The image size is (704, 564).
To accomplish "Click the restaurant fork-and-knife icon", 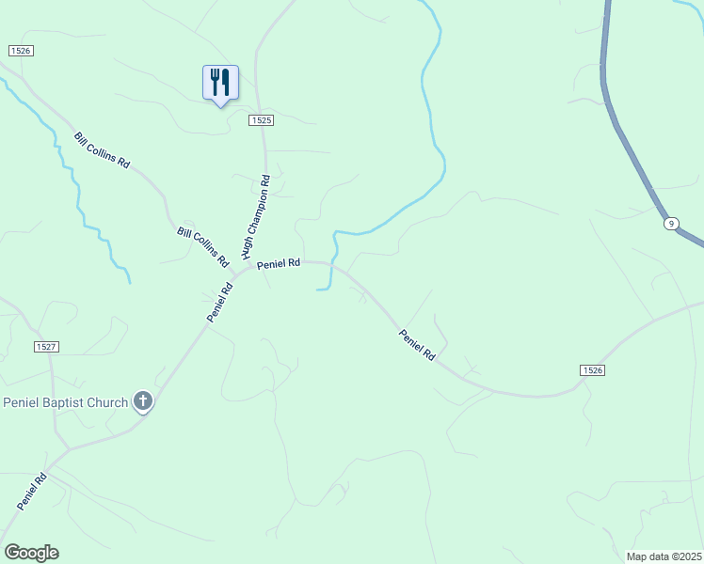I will (220, 83).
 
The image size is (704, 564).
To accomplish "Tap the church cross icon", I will (143, 402).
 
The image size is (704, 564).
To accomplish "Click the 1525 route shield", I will (262, 120).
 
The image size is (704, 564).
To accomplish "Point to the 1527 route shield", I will (47, 347).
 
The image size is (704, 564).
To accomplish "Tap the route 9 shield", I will (670, 223).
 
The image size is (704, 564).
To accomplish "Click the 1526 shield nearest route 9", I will (592, 370).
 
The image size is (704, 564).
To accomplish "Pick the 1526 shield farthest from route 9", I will (21, 50).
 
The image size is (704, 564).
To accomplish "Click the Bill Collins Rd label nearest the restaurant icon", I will (102, 150).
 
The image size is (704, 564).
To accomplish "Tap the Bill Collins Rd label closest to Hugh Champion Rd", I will (203, 244).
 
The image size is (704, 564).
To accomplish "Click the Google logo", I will (31, 553).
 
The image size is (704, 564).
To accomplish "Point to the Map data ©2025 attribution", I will (664, 556).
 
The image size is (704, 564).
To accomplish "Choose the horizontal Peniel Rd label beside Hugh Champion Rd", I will (279, 264).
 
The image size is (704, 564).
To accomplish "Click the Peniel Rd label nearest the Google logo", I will (31, 493).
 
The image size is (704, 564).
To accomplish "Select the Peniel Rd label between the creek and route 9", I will (417, 345).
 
